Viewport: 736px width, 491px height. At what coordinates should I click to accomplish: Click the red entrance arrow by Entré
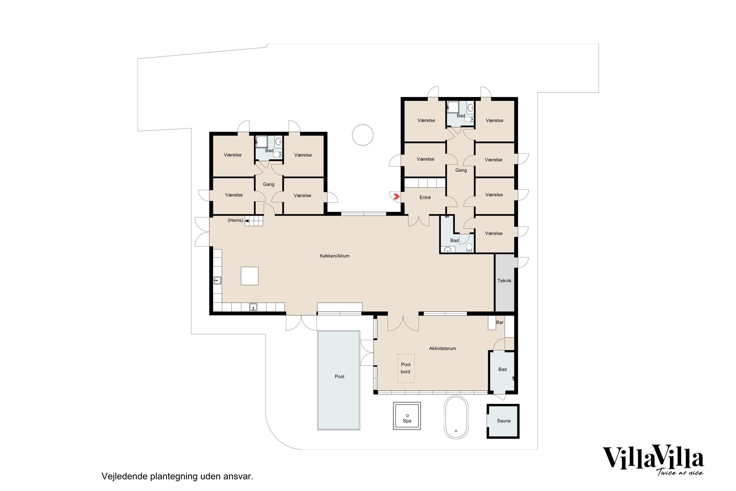click(396, 197)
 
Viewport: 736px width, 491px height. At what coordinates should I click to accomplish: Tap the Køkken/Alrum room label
click(335, 256)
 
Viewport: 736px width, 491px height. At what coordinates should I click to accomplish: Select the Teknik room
click(504, 281)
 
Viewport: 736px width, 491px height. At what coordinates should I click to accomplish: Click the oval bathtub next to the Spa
click(456, 417)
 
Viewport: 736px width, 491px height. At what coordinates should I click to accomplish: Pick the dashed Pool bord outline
click(406, 368)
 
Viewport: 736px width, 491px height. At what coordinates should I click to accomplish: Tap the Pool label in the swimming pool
click(339, 376)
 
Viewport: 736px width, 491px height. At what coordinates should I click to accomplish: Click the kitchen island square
click(250, 276)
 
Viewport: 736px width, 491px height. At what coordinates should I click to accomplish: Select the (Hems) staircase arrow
click(247, 221)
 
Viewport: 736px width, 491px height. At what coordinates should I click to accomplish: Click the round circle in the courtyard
click(362, 135)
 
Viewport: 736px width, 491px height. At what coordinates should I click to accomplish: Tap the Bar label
click(500, 322)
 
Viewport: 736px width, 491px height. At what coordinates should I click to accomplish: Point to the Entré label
click(425, 197)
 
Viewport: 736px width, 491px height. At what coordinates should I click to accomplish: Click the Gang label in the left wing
click(268, 184)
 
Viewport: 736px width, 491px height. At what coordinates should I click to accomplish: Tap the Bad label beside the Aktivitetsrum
click(502, 369)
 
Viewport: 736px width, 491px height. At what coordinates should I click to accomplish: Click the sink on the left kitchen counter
click(217, 280)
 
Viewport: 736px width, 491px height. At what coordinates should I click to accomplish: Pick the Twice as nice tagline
click(680, 473)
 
